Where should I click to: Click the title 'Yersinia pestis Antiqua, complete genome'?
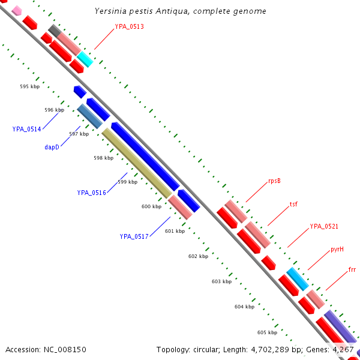pos(181,11)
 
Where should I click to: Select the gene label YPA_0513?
pos(129,26)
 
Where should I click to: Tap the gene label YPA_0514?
pos(27,129)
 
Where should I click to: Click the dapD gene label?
pos(52,146)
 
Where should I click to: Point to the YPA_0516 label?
pos(91,193)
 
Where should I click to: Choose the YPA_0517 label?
pos(134,236)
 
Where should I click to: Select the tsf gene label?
pos(293,204)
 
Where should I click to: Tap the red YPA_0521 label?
pos(324,226)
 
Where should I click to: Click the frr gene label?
pos(352,270)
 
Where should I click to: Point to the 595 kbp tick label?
pos(29,87)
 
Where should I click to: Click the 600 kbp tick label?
pos(151,206)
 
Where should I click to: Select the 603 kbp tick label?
pos(221,281)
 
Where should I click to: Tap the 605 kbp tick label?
pos(267,332)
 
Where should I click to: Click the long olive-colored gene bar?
pos(136,163)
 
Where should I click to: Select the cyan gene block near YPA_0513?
pos(85,59)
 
